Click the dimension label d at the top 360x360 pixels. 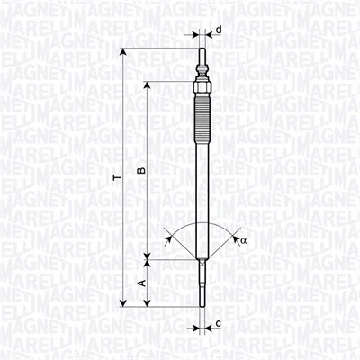219,30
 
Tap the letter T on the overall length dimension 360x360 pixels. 113,179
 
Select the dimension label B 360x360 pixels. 139,170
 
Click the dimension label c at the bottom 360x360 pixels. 219,323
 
